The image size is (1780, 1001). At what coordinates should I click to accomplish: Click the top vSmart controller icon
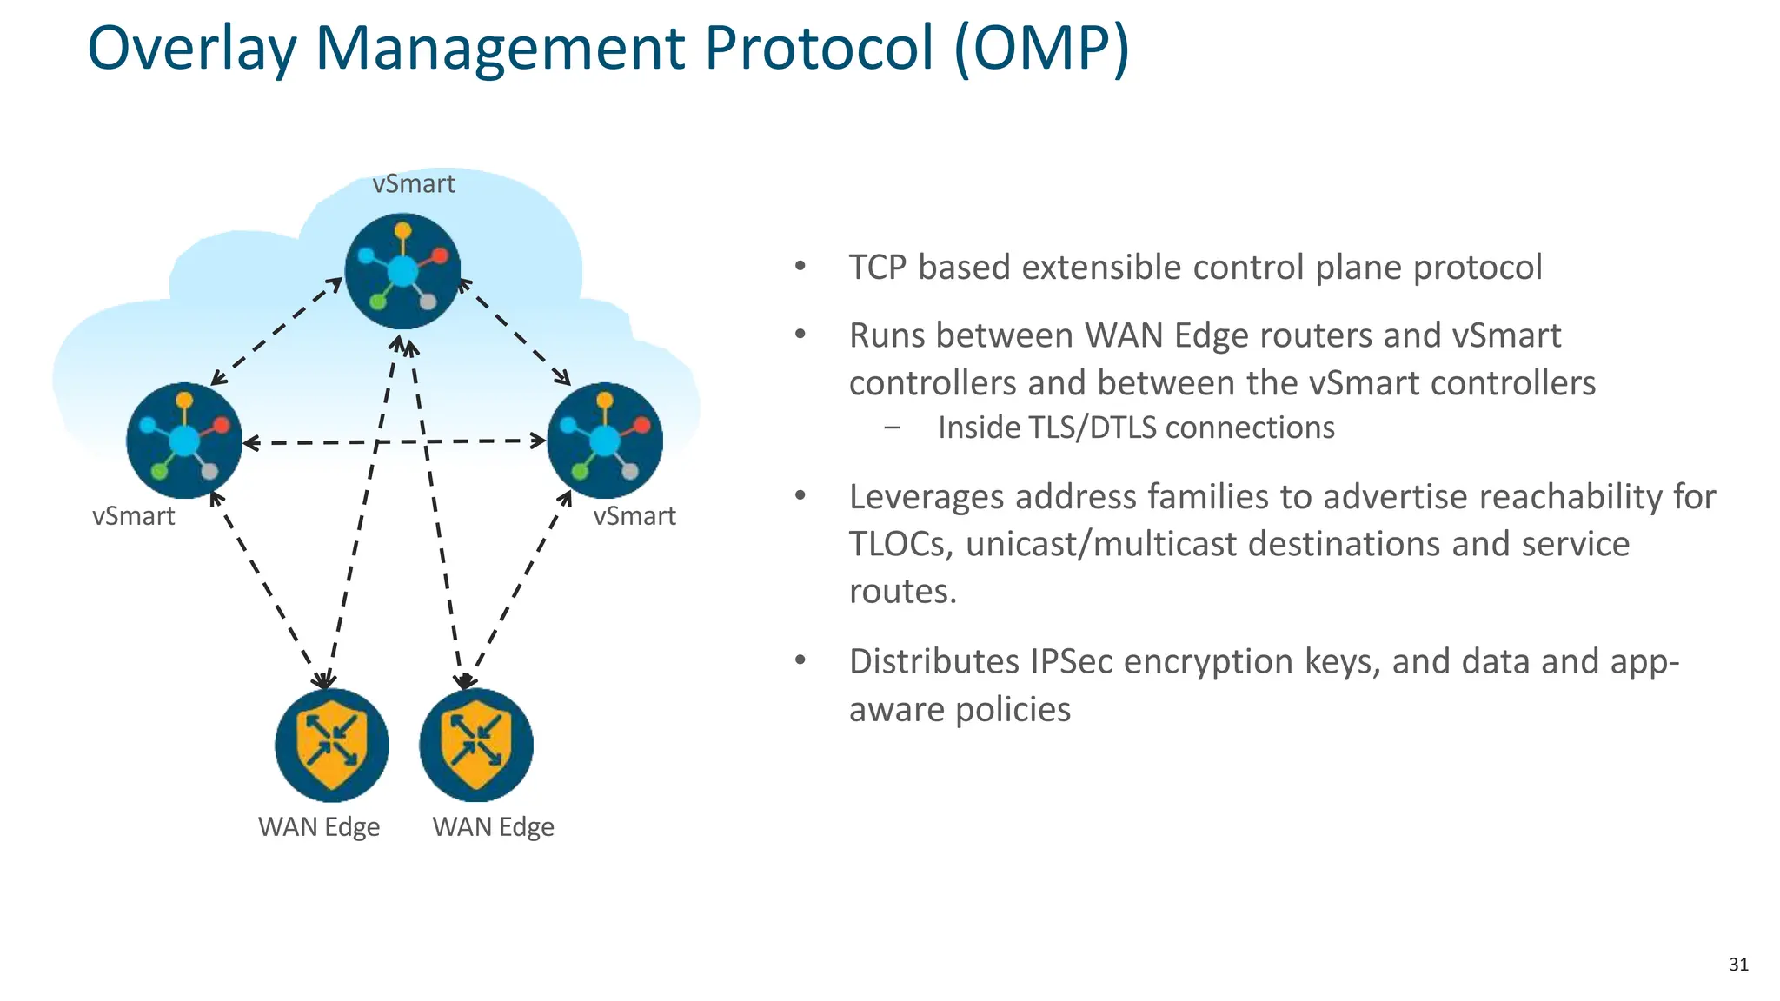pos(402,271)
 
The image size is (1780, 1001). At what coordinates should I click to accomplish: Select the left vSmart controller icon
pos(184,441)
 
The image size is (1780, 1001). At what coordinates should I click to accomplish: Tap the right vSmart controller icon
pos(605,441)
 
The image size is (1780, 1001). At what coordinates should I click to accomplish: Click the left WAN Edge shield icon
pos(332,746)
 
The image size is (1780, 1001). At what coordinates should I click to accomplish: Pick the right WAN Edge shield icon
pos(476,746)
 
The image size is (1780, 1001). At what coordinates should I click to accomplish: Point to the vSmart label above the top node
pos(414,184)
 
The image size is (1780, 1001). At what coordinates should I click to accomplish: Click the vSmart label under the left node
pos(134,516)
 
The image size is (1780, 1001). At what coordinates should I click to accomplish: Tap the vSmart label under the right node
pos(634,516)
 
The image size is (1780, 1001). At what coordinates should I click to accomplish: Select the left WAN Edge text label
pos(319,826)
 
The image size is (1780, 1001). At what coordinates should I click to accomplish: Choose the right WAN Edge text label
pos(493,826)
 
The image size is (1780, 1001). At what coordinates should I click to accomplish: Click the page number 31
pos(1738,965)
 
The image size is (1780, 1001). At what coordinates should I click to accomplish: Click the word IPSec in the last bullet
pos(1072,661)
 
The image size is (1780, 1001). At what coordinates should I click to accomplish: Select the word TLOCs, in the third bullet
pos(901,544)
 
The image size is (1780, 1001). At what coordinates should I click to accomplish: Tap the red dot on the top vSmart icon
pos(440,255)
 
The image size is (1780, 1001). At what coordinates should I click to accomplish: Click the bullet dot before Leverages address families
pos(800,496)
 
